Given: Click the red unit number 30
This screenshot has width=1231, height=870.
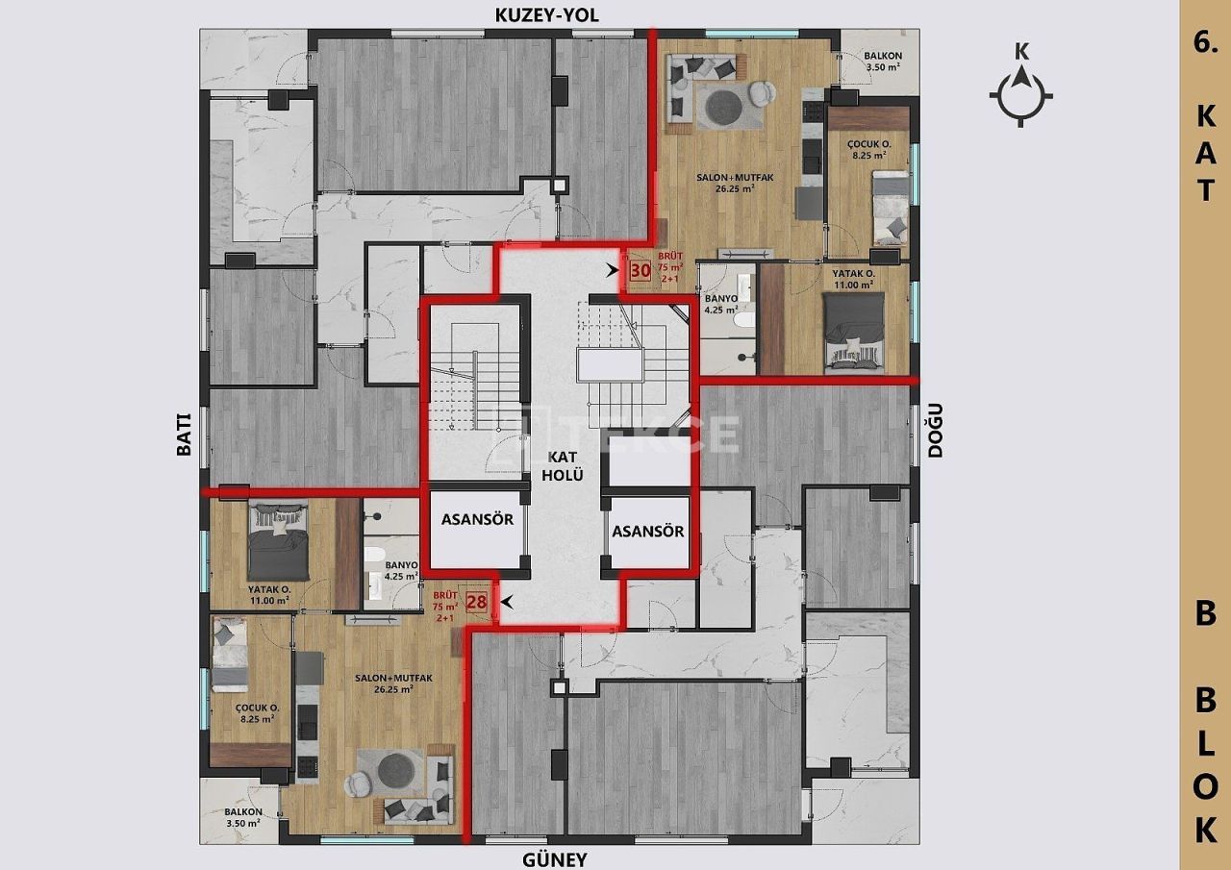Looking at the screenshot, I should coord(640,271).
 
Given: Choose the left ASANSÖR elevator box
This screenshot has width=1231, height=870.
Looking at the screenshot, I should coord(477,530).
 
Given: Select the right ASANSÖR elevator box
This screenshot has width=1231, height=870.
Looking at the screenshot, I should coord(647,531).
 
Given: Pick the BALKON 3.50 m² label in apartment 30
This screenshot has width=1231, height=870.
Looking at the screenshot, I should coord(876,62).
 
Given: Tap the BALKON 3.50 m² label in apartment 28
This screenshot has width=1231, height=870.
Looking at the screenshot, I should coord(241,817).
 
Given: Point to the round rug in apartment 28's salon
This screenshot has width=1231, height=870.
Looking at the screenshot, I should coord(393,771).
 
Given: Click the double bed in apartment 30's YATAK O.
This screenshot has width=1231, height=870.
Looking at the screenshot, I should coord(854,329).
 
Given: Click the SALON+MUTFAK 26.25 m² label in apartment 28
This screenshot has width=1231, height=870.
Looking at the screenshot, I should coord(381,684).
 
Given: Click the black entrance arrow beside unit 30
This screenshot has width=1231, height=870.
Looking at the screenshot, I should coord(612,271).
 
